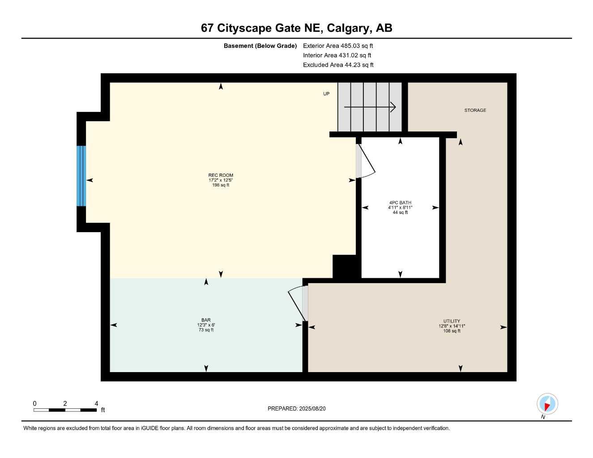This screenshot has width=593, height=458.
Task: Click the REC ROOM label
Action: (x=221, y=175)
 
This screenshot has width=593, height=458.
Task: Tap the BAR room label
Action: (x=206, y=320)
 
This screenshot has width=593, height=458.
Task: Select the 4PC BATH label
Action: (x=400, y=203)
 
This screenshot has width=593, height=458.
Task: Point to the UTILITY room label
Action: (x=452, y=321)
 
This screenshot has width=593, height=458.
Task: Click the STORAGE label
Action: (x=475, y=110)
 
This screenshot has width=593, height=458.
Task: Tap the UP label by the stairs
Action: (x=326, y=94)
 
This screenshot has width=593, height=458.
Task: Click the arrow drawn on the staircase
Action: (x=370, y=107)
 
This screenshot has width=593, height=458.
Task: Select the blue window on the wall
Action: (x=81, y=176)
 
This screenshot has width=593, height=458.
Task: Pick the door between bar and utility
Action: (x=298, y=303)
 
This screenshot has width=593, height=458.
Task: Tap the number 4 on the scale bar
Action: (x=96, y=403)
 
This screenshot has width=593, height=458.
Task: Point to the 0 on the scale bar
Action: (x=34, y=403)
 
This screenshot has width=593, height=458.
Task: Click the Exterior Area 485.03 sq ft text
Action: (x=338, y=46)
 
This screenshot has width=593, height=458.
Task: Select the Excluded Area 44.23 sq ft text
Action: (x=338, y=65)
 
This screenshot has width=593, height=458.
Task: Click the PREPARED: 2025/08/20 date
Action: (x=296, y=409)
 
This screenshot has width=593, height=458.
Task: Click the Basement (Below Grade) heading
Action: (x=260, y=46)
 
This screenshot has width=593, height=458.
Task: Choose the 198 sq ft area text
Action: (x=221, y=185)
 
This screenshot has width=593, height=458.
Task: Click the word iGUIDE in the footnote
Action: (x=149, y=428)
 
